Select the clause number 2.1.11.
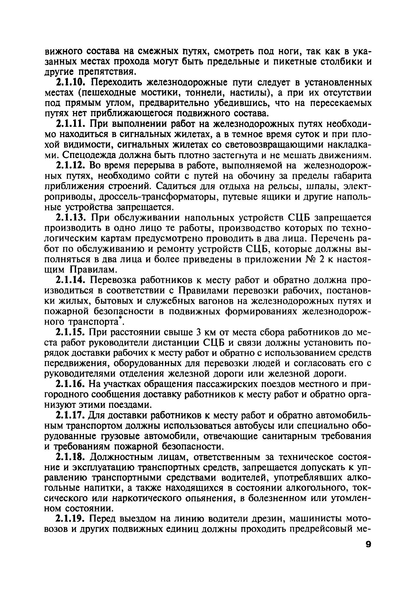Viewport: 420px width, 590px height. (x=71, y=124)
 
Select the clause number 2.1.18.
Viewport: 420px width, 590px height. (x=71, y=457)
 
